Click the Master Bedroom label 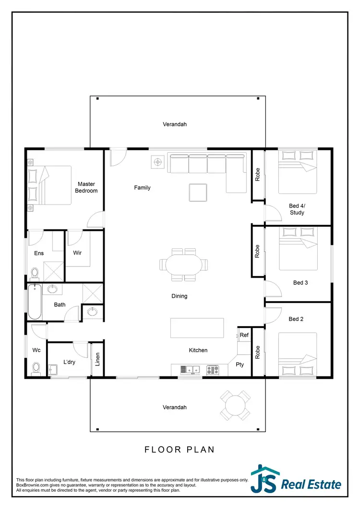pos(87,187)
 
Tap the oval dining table pos(185,264)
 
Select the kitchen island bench pos(197,327)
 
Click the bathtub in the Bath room pos(34,302)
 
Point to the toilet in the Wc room pos(36,368)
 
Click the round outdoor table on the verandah pos(235,404)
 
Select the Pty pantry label pos(240,364)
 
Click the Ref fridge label pos(244,335)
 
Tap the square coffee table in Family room pos(198,193)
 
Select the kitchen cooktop pos(212,370)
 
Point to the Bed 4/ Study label pos(297,209)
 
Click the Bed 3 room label pos(300,283)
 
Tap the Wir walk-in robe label pos(78,252)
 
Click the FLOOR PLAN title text pos(180,449)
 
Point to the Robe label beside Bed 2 pos(257,352)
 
